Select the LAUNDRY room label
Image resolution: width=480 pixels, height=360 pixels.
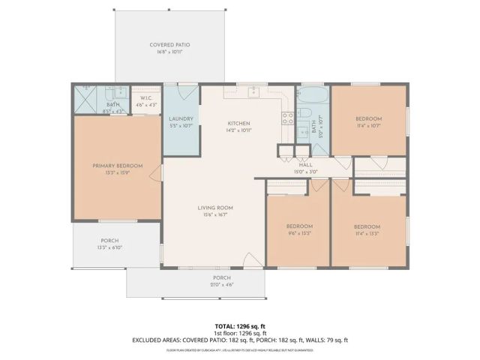click(x=181, y=118)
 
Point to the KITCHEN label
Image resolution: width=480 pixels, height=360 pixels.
click(x=239, y=123)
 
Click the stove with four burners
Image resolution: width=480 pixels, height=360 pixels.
click(x=286, y=118)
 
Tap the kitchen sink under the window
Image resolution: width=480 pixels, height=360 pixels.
click(x=254, y=91)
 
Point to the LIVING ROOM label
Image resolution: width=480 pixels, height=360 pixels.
click(x=215, y=208)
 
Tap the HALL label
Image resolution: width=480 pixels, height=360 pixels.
click(x=305, y=165)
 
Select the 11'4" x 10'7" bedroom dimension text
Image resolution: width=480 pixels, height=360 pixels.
click(x=368, y=126)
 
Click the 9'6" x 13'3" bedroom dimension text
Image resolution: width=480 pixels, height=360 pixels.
click(x=298, y=233)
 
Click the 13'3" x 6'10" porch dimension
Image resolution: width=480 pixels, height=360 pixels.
click(x=110, y=247)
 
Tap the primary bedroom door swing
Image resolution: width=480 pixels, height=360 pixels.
click(x=155, y=174)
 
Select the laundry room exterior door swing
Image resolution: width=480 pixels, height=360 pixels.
click(x=190, y=92)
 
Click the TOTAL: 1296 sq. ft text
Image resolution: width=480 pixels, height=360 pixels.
click(x=239, y=326)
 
